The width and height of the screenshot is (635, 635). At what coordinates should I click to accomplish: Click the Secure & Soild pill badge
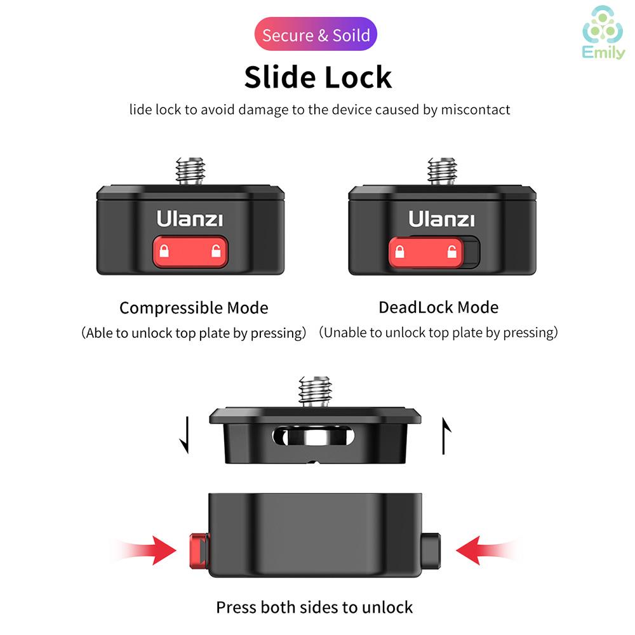point(316,34)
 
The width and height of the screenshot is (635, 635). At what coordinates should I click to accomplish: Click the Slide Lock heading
point(317,77)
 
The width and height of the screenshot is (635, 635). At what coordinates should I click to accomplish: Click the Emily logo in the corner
point(603,38)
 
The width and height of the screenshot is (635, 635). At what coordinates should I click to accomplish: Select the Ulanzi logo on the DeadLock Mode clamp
point(441,219)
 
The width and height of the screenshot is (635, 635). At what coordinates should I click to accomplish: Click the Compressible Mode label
point(194,308)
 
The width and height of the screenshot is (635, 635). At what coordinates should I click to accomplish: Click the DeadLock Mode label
point(438,307)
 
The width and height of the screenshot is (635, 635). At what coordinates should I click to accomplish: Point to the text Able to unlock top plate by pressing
point(194,333)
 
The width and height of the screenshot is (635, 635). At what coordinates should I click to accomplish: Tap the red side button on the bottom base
point(198,551)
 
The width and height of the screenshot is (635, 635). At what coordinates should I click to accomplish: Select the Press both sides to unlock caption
point(314,607)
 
